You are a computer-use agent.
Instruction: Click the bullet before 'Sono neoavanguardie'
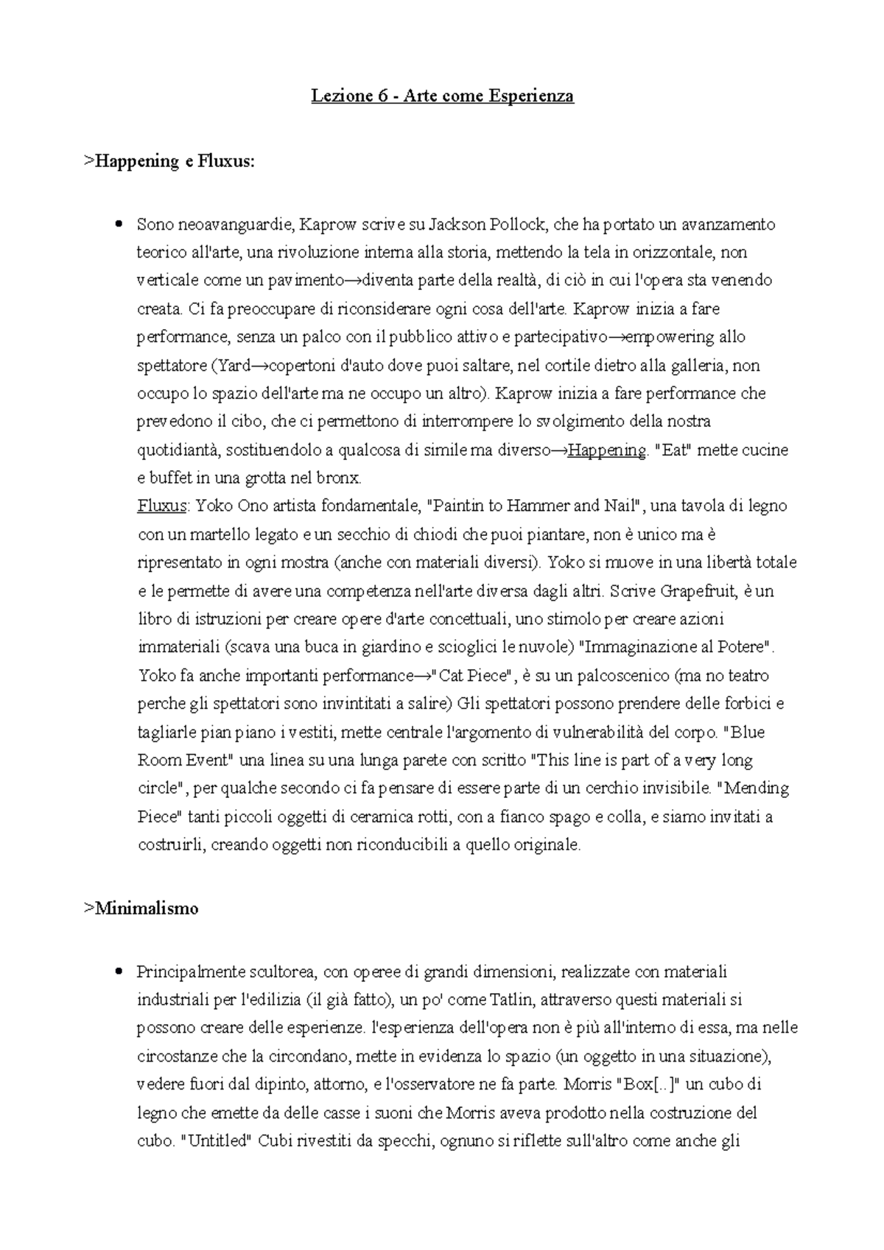point(118,224)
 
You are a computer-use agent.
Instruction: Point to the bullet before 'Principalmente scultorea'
point(118,972)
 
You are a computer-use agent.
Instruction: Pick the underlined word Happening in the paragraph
point(607,450)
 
